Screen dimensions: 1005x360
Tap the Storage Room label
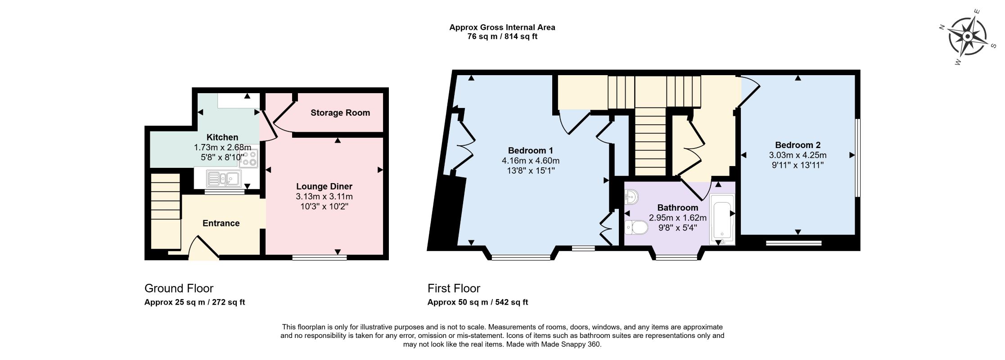340,113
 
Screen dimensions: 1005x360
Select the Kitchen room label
222,137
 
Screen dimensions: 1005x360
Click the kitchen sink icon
224,179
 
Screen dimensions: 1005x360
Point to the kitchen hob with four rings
249,158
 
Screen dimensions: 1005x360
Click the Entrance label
221,223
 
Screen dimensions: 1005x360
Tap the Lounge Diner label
324,186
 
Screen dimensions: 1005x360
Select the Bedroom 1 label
531,150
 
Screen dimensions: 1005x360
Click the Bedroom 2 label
798,145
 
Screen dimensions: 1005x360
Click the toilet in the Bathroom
636,227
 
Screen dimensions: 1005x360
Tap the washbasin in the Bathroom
631,197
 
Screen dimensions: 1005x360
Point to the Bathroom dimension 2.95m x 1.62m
677,218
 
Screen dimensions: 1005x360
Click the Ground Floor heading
179,288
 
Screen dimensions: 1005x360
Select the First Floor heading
454,288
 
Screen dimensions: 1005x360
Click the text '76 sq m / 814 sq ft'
502,37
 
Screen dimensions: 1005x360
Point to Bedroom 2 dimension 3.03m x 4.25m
798,155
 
